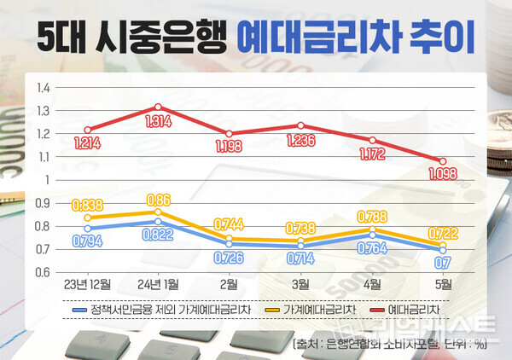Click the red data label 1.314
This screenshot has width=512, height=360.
[x=158, y=122]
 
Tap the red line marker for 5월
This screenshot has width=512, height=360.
[x=441, y=161]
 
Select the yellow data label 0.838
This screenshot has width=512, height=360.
[x=87, y=205]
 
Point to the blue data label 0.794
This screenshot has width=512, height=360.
[x=87, y=242]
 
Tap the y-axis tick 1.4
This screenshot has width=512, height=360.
[x=44, y=87]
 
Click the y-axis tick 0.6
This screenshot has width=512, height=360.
[x=44, y=272]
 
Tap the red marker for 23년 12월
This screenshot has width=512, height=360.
[x=87, y=130]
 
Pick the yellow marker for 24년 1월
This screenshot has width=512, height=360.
[x=158, y=212]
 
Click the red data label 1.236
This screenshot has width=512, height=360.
[x=300, y=139]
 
